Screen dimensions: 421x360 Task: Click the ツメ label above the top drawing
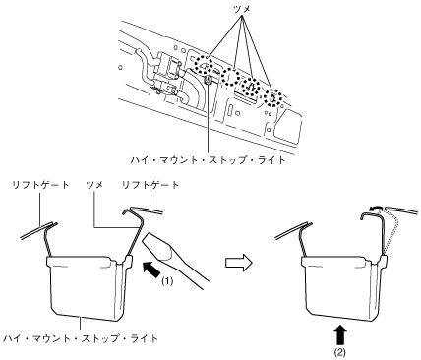click(243, 10)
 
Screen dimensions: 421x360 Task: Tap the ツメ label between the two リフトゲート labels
click(94, 185)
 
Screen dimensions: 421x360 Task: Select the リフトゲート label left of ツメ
click(40, 185)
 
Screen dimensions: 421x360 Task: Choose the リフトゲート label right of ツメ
click(150, 185)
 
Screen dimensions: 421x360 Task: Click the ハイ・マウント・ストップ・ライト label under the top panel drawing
click(208, 160)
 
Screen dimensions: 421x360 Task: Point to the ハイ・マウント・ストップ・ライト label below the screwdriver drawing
click(81, 338)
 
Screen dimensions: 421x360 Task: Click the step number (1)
click(167, 281)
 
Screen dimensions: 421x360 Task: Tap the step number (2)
click(340, 353)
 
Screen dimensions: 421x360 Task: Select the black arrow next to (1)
click(152, 269)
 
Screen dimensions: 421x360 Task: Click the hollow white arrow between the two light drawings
click(239, 263)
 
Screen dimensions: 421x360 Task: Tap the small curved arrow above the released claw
click(376, 207)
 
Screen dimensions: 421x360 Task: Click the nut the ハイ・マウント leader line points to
click(208, 80)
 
